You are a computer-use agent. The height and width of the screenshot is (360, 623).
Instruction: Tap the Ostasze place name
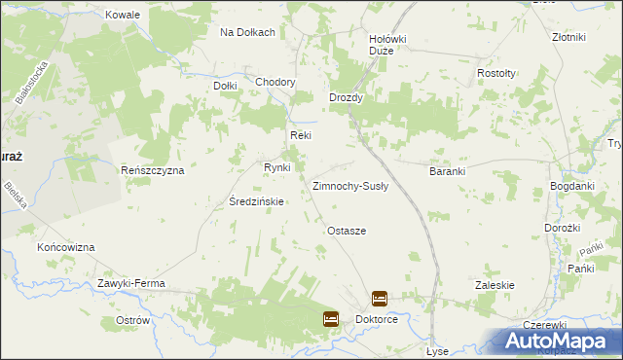tap(347, 231)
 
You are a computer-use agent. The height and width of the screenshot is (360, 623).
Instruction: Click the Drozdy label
tap(346, 98)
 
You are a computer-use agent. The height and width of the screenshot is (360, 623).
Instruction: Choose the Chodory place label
tap(275, 82)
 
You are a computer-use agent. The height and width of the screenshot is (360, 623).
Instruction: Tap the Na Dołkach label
tap(247, 32)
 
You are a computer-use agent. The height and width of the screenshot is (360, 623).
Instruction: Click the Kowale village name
tap(125, 16)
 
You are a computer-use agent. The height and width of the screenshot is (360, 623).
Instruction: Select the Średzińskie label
tap(255, 202)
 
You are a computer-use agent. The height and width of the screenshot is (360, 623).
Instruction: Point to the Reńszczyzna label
tap(152, 170)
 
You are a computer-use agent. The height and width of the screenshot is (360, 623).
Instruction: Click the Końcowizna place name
tap(66, 248)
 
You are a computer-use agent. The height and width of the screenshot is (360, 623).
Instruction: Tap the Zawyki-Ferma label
tap(131, 283)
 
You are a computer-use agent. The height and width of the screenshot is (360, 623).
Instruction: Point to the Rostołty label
tap(496, 74)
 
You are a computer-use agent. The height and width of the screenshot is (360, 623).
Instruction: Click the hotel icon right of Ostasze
tap(380, 299)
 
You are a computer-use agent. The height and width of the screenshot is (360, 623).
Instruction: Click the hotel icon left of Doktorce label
tap(331, 318)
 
